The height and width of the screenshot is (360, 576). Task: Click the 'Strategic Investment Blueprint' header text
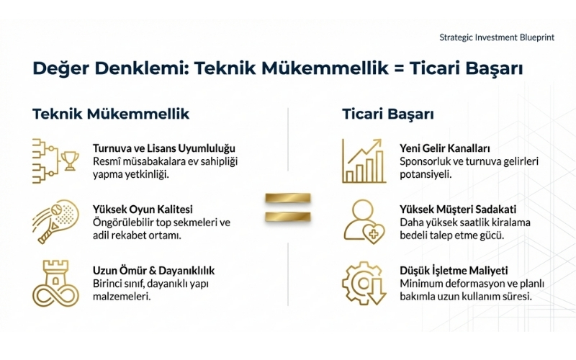tap(496, 37)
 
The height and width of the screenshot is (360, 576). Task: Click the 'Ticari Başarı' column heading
tap(387, 114)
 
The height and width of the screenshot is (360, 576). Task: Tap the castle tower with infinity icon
tap(55, 283)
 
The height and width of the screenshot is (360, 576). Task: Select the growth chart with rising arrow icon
tap(364, 161)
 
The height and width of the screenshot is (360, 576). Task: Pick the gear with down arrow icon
tap(364, 283)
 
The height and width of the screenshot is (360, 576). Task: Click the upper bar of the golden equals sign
tap(288, 198)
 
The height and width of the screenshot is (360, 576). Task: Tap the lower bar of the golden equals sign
tap(288, 216)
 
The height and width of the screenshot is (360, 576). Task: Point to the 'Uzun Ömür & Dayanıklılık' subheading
tap(153, 271)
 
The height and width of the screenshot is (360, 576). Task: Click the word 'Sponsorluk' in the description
tap(428, 161)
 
